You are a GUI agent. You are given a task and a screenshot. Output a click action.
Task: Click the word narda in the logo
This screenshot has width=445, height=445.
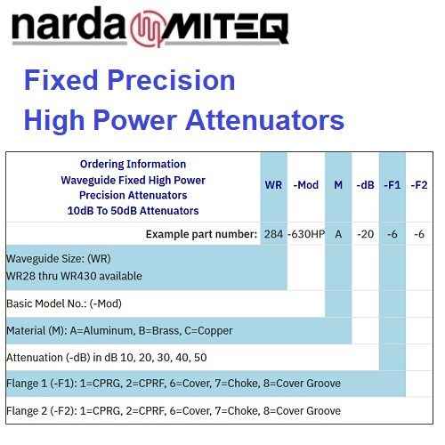click(69, 24)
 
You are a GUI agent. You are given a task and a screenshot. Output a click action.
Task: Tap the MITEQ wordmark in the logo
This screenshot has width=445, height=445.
click(225, 28)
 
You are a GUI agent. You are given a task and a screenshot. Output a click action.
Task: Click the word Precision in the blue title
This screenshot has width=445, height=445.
click(171, 80)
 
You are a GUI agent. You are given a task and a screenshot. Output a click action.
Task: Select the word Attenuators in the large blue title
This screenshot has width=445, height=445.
click(264, 120)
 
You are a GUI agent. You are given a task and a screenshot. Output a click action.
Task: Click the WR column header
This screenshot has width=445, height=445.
click(273, 185)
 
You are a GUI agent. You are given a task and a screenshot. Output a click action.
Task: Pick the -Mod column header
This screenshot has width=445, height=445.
click(305, 185)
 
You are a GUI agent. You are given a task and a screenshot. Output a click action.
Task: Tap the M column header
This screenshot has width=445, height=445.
click(338, 185)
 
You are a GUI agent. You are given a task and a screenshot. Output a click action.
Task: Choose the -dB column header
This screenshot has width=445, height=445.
click(365, 185)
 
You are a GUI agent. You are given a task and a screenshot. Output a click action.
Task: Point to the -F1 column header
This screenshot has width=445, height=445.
click(392, 185)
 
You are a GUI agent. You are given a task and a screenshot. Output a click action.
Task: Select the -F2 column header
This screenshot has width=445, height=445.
click(419, 185)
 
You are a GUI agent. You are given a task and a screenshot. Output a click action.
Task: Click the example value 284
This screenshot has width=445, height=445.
click(273, 234)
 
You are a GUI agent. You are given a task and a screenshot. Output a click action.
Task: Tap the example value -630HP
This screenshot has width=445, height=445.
click(306, 234)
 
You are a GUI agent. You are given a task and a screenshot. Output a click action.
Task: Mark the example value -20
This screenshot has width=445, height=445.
click(365, 234)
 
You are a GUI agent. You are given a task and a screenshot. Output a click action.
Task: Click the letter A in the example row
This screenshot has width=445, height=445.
click(338, 234)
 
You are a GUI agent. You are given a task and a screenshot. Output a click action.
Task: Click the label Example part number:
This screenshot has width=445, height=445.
click(201, 234)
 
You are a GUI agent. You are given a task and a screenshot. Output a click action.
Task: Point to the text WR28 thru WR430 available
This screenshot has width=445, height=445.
click(74, 276)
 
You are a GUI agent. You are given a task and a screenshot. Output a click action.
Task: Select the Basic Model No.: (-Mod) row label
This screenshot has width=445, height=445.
click(64, 303)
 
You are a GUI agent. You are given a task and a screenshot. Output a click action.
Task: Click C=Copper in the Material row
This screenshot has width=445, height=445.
click(208, 331)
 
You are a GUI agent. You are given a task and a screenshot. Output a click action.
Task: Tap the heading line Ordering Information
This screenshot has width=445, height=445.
click(133, 164)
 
